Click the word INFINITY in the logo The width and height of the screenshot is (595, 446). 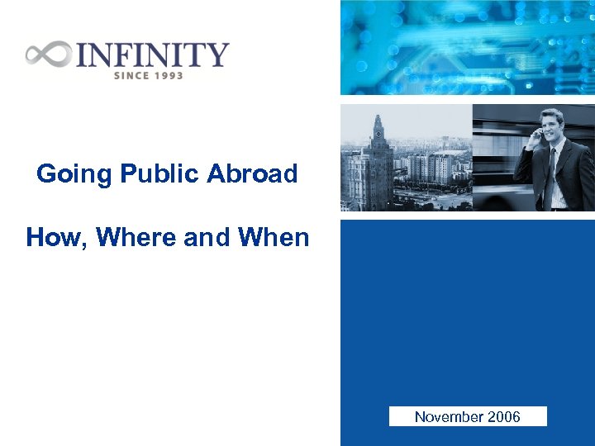152,55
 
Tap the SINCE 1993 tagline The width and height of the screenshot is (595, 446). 148,75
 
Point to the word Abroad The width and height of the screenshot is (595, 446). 252,174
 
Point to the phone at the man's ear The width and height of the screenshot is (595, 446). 538,132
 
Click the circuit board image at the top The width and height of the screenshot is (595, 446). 467,47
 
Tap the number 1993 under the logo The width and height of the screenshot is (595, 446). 168,75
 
